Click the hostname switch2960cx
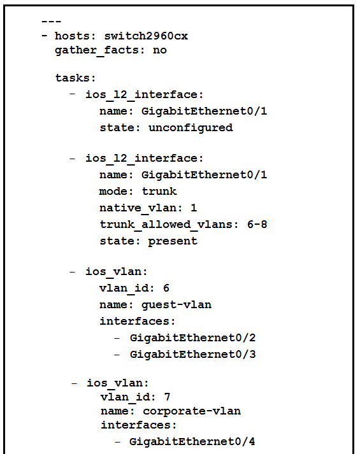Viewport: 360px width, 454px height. (146, 36)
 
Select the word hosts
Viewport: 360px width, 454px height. (72, 36)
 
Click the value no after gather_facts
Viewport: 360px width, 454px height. (160, 50)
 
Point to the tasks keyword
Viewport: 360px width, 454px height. (73, 78)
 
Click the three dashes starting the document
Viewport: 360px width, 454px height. (51, 22)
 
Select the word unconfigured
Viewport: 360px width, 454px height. (191, 128)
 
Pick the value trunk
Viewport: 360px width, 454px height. (159, 192)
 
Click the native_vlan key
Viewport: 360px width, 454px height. (138, 208)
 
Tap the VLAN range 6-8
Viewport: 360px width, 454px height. (257, 224)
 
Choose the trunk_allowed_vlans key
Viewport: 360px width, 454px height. (166, 224)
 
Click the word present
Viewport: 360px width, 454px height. (173, 241)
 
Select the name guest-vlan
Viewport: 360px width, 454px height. (176, 305)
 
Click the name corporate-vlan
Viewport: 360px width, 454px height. (192, 411)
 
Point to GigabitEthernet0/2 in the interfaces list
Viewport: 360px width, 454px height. (192, 338)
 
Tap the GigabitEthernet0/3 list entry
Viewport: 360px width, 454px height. (193, 355)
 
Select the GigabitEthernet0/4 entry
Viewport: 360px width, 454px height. (192, 441)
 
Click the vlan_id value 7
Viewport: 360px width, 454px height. (167, 397)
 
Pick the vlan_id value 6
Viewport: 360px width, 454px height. (166, 288)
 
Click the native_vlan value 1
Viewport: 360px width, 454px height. (194, 208)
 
